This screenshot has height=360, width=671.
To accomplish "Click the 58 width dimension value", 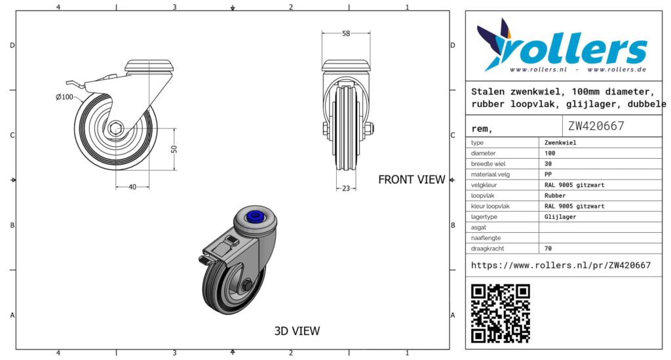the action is (346, 33).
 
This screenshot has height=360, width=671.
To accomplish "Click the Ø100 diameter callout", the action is (65, 97).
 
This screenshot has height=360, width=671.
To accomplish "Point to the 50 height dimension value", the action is (174, 149).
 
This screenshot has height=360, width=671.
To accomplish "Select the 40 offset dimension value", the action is (132, 187).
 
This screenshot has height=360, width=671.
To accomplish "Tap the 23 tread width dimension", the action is (346, 188).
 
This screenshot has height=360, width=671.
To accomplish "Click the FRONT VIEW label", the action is (412, 180).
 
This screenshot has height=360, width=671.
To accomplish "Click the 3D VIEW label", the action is (297, 331).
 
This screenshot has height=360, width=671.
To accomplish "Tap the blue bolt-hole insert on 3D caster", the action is (256, 216).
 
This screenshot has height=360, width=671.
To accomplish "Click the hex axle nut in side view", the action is (115, 129).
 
